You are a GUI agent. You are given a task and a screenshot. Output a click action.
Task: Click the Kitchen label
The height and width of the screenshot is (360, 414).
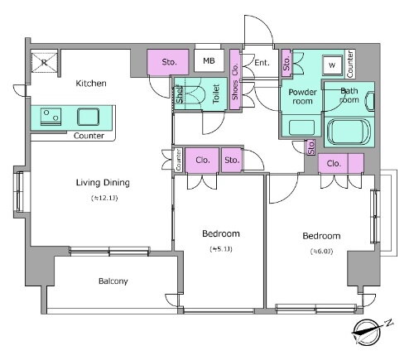coord(91,83)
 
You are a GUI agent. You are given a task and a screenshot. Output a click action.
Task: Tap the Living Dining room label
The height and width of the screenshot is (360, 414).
coord(103,183)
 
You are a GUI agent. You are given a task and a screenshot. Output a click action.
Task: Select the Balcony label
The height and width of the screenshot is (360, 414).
coord(113,281)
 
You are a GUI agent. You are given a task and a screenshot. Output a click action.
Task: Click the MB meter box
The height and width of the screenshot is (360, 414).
coord(209,60)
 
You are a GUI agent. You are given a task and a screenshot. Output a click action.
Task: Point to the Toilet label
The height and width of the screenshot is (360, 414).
coord(216,94)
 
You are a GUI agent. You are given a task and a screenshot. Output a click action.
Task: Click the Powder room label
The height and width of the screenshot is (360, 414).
coord(302,96)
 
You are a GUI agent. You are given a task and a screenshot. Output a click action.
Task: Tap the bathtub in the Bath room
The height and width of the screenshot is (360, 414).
coord(349,132)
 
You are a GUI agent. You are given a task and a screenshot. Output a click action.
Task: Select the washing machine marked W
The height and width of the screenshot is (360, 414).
coord(333,65)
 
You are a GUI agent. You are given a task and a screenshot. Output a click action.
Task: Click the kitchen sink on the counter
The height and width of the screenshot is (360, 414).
coord(88,117)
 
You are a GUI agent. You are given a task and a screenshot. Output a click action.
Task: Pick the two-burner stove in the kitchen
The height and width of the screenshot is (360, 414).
coord(51,117)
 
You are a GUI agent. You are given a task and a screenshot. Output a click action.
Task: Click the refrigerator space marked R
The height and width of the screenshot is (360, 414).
coord(45,62)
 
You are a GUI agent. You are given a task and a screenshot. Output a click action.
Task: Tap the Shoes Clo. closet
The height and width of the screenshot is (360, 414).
coord(235,79)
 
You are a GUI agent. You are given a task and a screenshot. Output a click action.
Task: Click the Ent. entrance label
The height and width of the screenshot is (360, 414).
coord(262,63)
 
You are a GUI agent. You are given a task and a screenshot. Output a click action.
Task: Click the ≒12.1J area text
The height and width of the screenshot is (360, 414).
coord(104,198)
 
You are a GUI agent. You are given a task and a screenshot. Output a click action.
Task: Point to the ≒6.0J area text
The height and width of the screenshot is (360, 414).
coord(321,252)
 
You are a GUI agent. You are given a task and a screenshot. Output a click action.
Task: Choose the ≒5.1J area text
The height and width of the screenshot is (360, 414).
coord(221,249)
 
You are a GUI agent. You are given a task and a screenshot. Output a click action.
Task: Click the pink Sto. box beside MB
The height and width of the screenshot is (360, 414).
coord(168,62)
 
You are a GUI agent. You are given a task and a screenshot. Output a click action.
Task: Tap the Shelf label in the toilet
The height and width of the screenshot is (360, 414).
coord(179,94)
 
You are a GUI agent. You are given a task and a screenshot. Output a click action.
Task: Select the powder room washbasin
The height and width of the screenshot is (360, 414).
coord(301,127)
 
